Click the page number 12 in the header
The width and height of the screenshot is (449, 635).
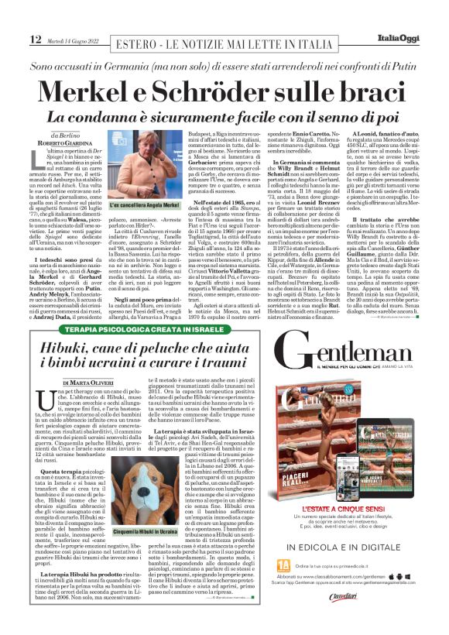[35, 39]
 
